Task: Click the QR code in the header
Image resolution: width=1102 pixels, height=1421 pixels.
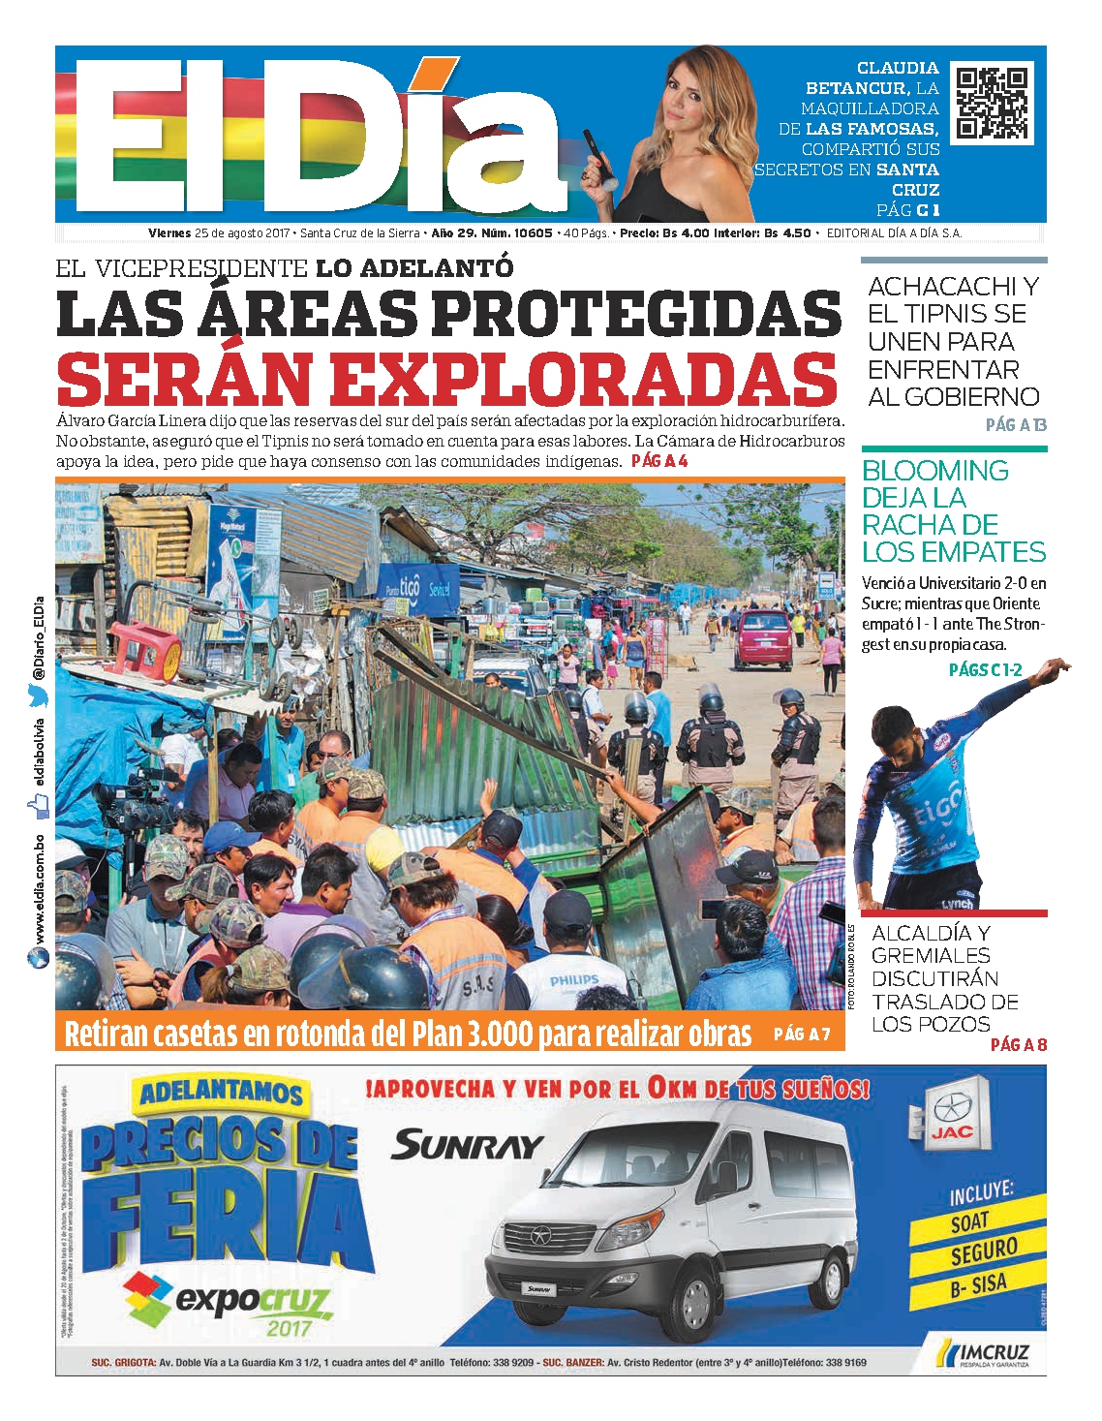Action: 992,103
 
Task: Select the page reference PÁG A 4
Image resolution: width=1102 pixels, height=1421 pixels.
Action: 659,461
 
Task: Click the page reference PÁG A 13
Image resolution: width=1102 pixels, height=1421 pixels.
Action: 1016,424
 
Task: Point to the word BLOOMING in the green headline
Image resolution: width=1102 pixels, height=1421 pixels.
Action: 935,471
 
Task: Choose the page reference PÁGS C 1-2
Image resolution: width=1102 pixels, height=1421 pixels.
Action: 985,669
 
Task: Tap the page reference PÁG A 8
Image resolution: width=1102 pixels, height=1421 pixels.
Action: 1018,1044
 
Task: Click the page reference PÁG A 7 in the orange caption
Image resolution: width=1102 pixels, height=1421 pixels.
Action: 802,1034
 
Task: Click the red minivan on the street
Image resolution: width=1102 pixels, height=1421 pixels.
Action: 762,640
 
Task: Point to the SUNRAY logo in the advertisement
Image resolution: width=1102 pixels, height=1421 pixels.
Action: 467,1146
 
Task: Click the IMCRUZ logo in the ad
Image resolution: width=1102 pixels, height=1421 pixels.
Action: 987,1352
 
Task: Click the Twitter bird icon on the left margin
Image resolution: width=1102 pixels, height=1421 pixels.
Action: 38,694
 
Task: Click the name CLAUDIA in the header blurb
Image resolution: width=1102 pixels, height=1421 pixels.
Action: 898,68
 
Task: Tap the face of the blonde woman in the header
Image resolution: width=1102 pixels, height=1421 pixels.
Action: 689,93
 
